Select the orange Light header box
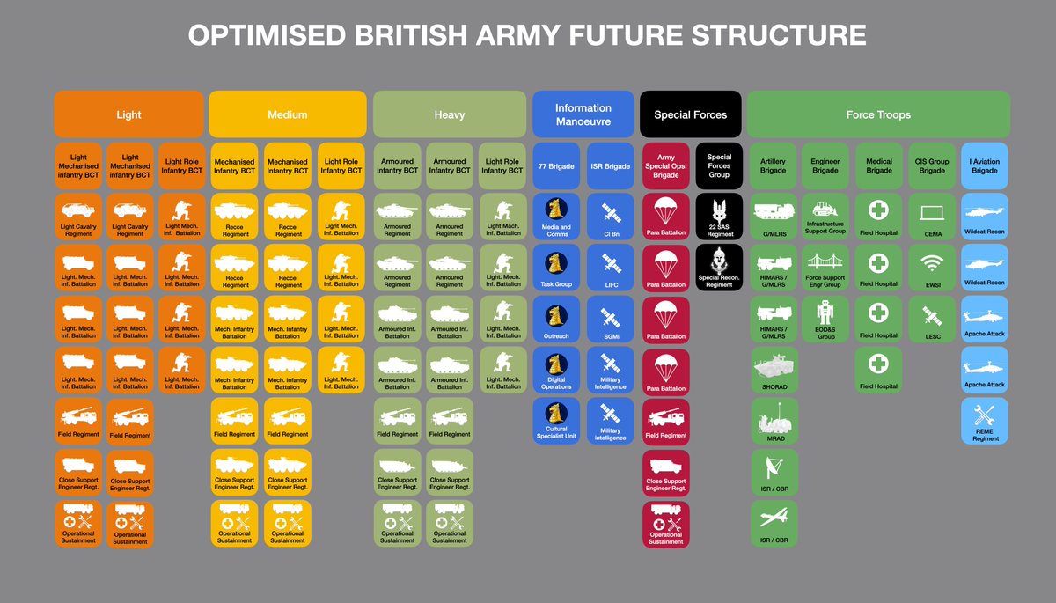coord(129,114)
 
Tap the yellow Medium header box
coord(287,114)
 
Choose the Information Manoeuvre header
coord(583,114)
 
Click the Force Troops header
coord(878,114)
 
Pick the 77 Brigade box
coord(556,165)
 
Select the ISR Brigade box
coord(610,165)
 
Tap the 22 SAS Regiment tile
coord(719,217)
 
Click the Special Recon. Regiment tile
coord(719,268)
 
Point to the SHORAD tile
coord(775,370)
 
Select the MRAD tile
coord(775,421)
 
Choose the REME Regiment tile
coord(985,421)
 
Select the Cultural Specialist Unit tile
coord(556,421)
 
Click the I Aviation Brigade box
coord(985,165)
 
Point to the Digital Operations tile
coord(556,370)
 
